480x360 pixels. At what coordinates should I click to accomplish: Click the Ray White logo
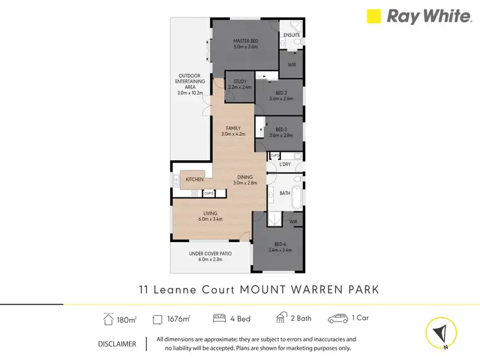pyautogui.click(x=419, y=17)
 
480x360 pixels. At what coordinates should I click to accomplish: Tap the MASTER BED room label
pyautogui.click(x=245, y=44)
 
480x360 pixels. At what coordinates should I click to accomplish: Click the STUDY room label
pyautogui.click(x=240, y=84)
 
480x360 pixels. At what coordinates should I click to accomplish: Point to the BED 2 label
pyautogui.click(x=280, y=95)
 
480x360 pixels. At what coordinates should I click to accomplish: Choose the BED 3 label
pyautogui.click(x=280, y=132)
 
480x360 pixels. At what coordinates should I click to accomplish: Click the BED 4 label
pyautogui.click(x=280, y=247)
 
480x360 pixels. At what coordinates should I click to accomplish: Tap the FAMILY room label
pyautogui.click(x=233, y=131)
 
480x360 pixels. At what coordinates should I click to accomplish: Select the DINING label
pyautogui.click(x=245, y=179)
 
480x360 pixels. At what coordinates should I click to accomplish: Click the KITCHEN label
pyautogui.click(x=195, y=179)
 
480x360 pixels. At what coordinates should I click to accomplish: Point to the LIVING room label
pyautogui.click(x=211, y=216)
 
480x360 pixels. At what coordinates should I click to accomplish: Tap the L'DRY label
pyautogui.click(x=284, y=165)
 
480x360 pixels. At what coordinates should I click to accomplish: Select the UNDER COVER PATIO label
pyautogui.click(x=210, y=256)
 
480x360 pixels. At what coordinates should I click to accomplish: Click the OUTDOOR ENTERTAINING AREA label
pyautogui.click(x=191, y=84)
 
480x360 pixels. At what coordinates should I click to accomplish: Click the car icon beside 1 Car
pyautogui.click(x=337, y=318)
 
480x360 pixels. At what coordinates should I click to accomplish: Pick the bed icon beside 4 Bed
pyautogui.click(x=219, y=318)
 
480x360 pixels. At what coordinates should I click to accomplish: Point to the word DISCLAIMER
pyautogui.click(x=117, y=344)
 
